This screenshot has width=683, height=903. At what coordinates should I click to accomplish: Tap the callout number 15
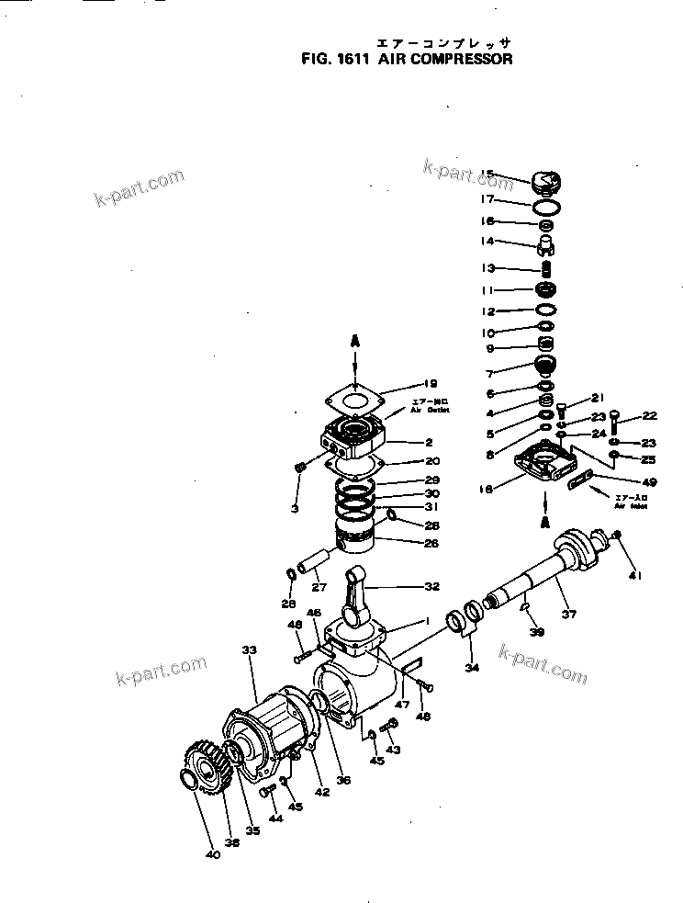click(487, 174)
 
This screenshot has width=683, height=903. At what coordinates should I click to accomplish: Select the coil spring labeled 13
click(546, 269)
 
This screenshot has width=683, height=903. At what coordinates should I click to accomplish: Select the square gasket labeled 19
click(355, 397)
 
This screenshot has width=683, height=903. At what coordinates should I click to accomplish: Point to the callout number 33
click(249, 649)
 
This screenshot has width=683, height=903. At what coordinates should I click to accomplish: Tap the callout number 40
click(213, 854)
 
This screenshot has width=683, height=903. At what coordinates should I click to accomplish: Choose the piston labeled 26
click(357, 536)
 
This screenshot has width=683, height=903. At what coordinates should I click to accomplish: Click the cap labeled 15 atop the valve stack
click(546, 180)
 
